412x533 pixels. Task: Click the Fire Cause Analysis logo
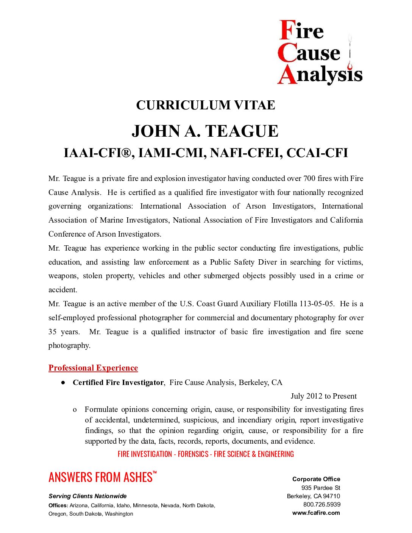point(320,52)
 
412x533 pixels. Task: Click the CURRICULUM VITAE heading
point(206,105)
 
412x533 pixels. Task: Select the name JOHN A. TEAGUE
point(205,131)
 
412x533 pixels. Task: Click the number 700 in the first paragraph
point(309,178)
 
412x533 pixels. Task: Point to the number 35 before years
point(53,332)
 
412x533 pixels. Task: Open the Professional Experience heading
point(93,368)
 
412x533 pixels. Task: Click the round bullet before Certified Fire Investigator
point(63,383)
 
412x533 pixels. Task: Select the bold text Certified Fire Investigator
point(118,382)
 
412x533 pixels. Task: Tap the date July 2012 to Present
point(323,396)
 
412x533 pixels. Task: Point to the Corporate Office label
point(316,479)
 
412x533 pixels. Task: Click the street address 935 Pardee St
point(321,488)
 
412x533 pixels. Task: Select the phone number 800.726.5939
point(322,504)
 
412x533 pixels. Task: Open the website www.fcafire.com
point(316,513)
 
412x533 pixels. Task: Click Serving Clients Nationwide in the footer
point(87,496)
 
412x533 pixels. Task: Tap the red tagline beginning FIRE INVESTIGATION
point(206,454)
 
